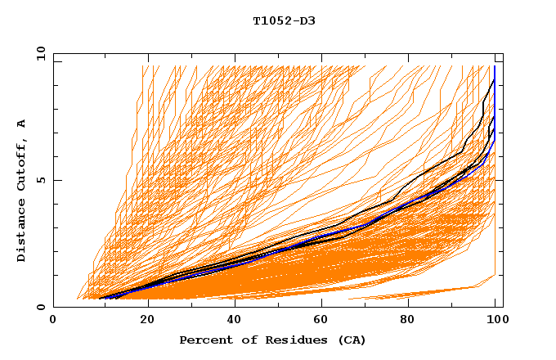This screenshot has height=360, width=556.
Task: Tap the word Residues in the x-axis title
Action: coord(283,340)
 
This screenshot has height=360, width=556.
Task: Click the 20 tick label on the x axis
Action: coord(146,320)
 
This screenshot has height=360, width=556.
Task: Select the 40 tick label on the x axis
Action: coord(235,320)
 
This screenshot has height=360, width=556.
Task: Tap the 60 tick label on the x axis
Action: coord(325,320)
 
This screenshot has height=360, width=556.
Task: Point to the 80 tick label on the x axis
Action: coord(414,320)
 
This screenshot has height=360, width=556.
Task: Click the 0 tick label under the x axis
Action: coord(54,320)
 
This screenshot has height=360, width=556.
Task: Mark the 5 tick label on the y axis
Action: coord(42,180)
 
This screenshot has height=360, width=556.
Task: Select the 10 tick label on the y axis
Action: coord(38,53)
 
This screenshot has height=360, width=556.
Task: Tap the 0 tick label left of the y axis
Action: coord(42,308)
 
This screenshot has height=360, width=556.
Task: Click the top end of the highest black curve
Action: coord(494,80)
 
